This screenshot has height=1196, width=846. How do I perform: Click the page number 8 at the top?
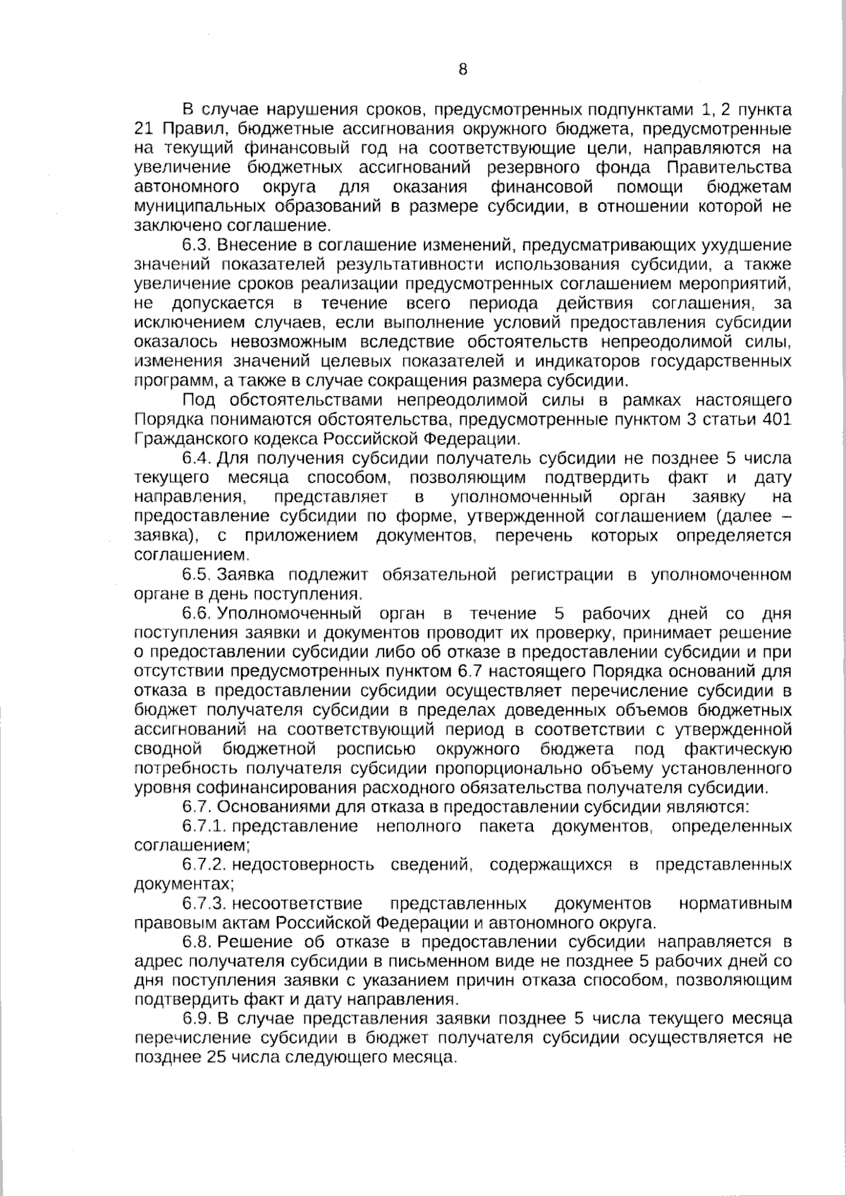462,69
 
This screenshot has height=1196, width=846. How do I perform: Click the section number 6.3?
197,245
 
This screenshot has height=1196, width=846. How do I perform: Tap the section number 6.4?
197,459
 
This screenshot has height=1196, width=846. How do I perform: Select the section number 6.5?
197,575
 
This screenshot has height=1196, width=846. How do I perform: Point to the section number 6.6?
197,613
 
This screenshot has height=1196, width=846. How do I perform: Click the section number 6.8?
197,942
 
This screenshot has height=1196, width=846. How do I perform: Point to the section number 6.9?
197,1019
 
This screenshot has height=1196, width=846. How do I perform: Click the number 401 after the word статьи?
776,420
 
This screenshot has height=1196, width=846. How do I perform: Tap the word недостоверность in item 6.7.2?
302,865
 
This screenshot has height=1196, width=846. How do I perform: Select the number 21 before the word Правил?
143,129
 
